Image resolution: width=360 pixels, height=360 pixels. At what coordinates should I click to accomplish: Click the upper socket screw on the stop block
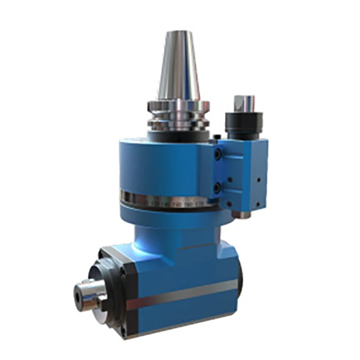217,154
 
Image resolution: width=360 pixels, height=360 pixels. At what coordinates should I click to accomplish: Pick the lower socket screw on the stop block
217,186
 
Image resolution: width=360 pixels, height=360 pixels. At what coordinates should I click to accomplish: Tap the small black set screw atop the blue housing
217,136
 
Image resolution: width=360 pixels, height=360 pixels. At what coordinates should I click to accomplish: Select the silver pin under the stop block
243,215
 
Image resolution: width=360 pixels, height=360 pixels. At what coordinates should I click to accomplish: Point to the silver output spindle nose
90,295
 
